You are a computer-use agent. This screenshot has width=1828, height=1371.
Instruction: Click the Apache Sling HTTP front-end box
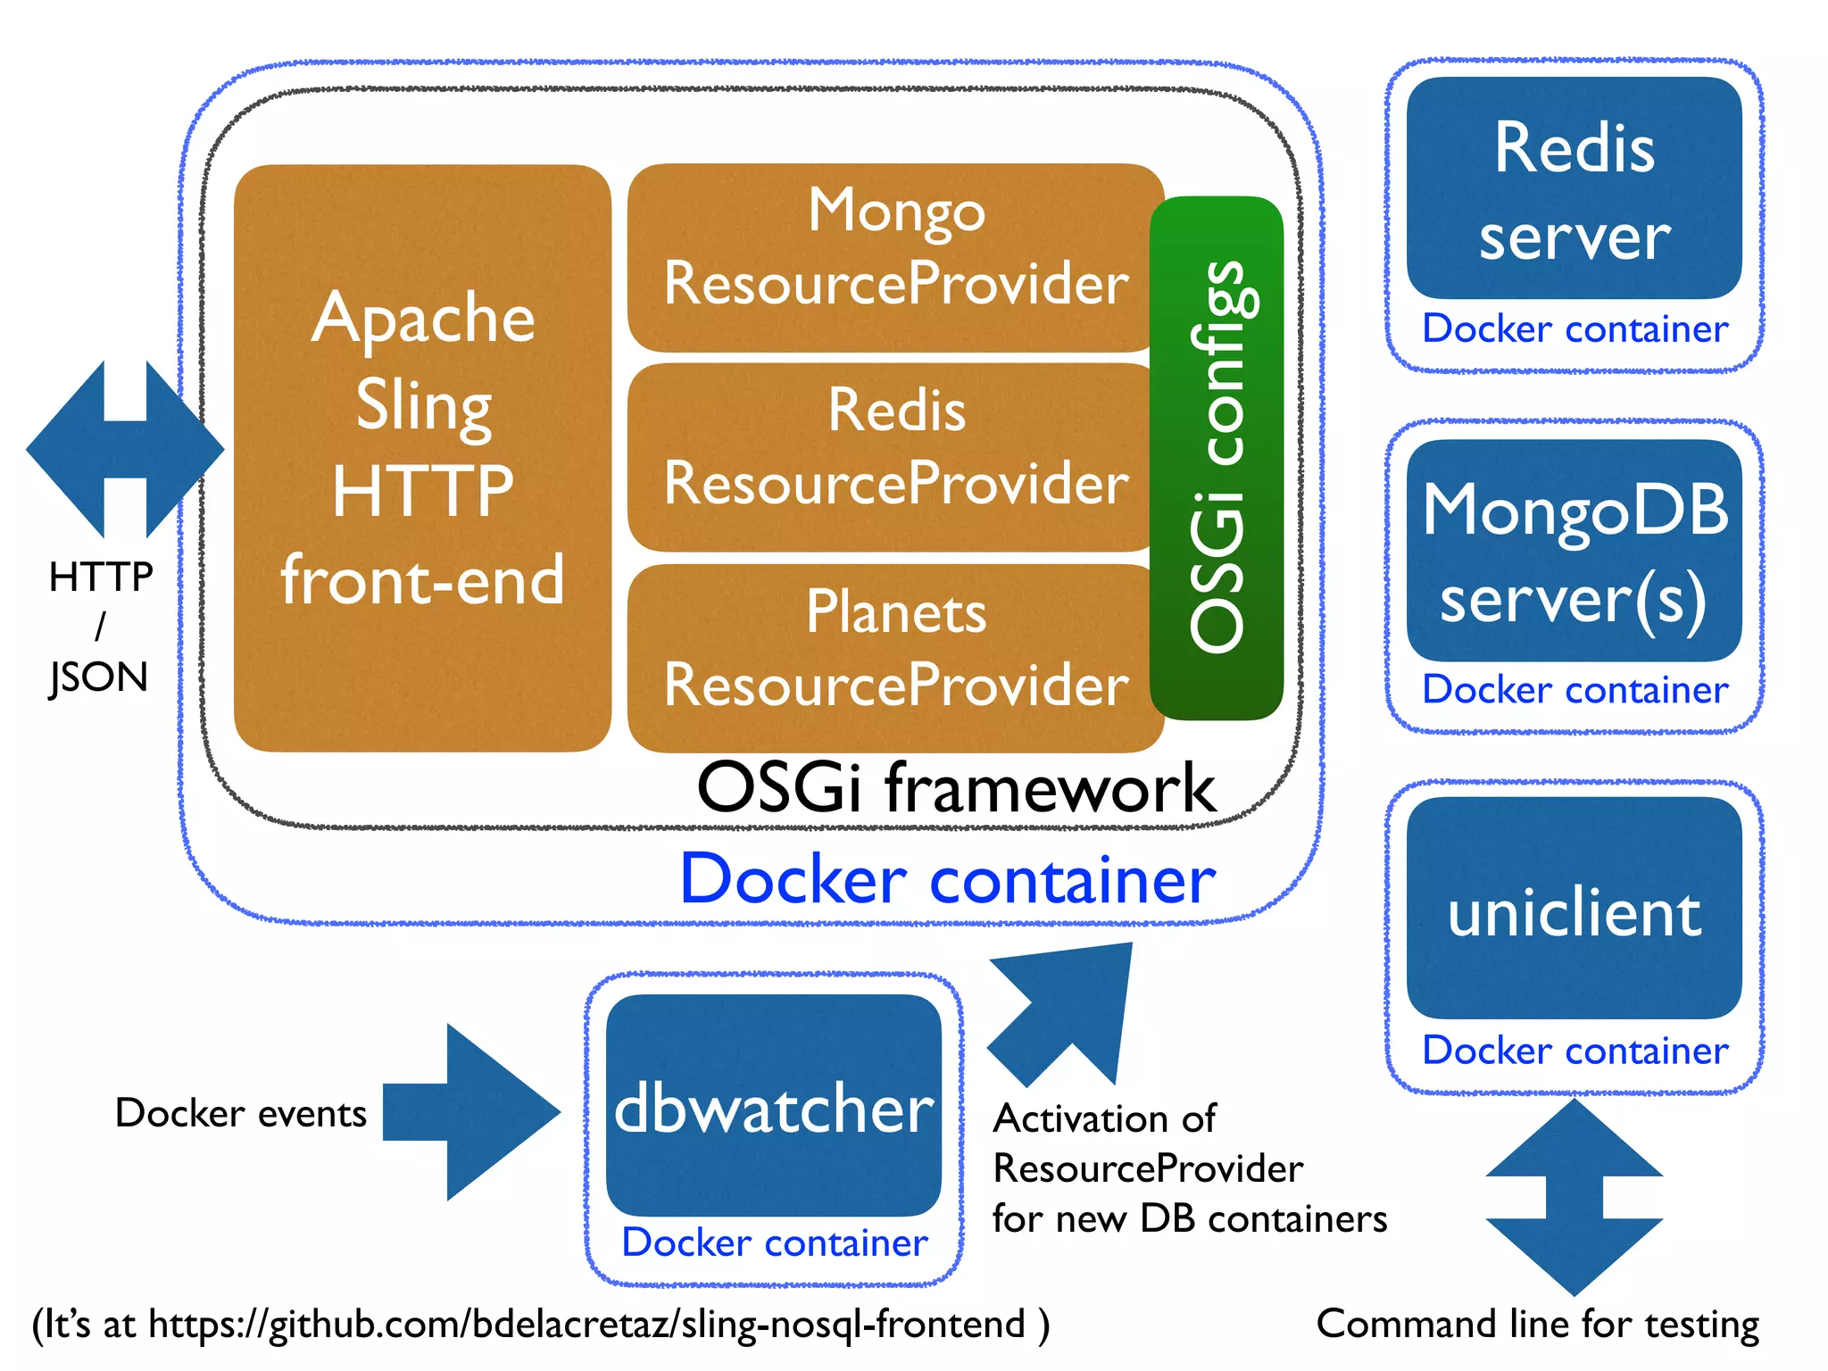pos(422,457)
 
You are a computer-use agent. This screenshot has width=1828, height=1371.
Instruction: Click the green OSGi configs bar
pos(1217,457)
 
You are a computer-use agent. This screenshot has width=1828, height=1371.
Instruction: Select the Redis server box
pos(1574,187)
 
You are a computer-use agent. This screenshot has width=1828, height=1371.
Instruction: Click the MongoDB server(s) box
pos(1574,551)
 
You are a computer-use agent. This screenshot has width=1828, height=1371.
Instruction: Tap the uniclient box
pos(1574,909)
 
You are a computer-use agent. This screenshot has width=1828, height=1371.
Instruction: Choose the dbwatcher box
pos(773,1105)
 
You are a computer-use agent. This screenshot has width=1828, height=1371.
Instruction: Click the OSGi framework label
pos(955,788)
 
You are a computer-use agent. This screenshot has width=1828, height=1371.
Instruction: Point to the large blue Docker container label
pos(947,880)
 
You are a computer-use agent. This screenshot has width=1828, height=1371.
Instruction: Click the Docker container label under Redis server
pos(1575,329)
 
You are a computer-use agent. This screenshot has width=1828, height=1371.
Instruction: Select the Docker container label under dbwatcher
pos(774,1242)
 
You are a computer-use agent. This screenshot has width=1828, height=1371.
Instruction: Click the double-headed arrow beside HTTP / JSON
pos(125,450)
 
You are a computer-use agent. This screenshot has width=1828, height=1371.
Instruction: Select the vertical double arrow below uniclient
pos(1574,1196)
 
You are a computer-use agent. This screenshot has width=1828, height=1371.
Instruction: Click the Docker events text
pos(241,1113)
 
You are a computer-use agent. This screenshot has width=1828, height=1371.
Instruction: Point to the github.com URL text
pos(540,1324)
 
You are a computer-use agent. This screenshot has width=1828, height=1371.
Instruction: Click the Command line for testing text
pos(1537,1324)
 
